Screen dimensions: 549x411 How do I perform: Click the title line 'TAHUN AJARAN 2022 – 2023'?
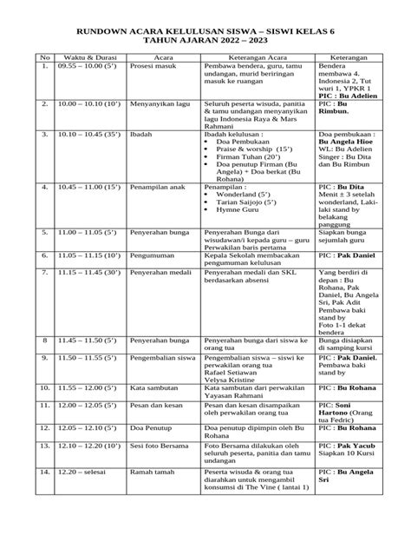tap(205, 40)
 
